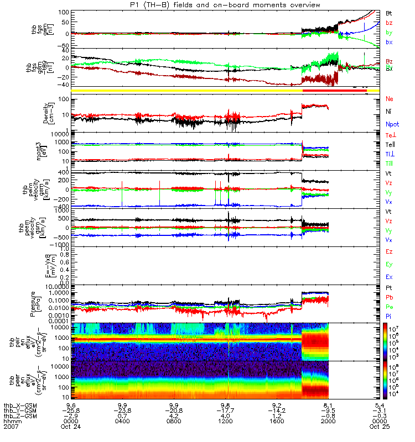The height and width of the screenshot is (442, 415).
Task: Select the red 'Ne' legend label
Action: pos(389,99)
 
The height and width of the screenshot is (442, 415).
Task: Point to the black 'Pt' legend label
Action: pos(388,288)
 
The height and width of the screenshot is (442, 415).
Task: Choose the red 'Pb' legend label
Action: pos(389,297)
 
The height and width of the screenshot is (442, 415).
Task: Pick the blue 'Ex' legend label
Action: pos(389,276)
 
